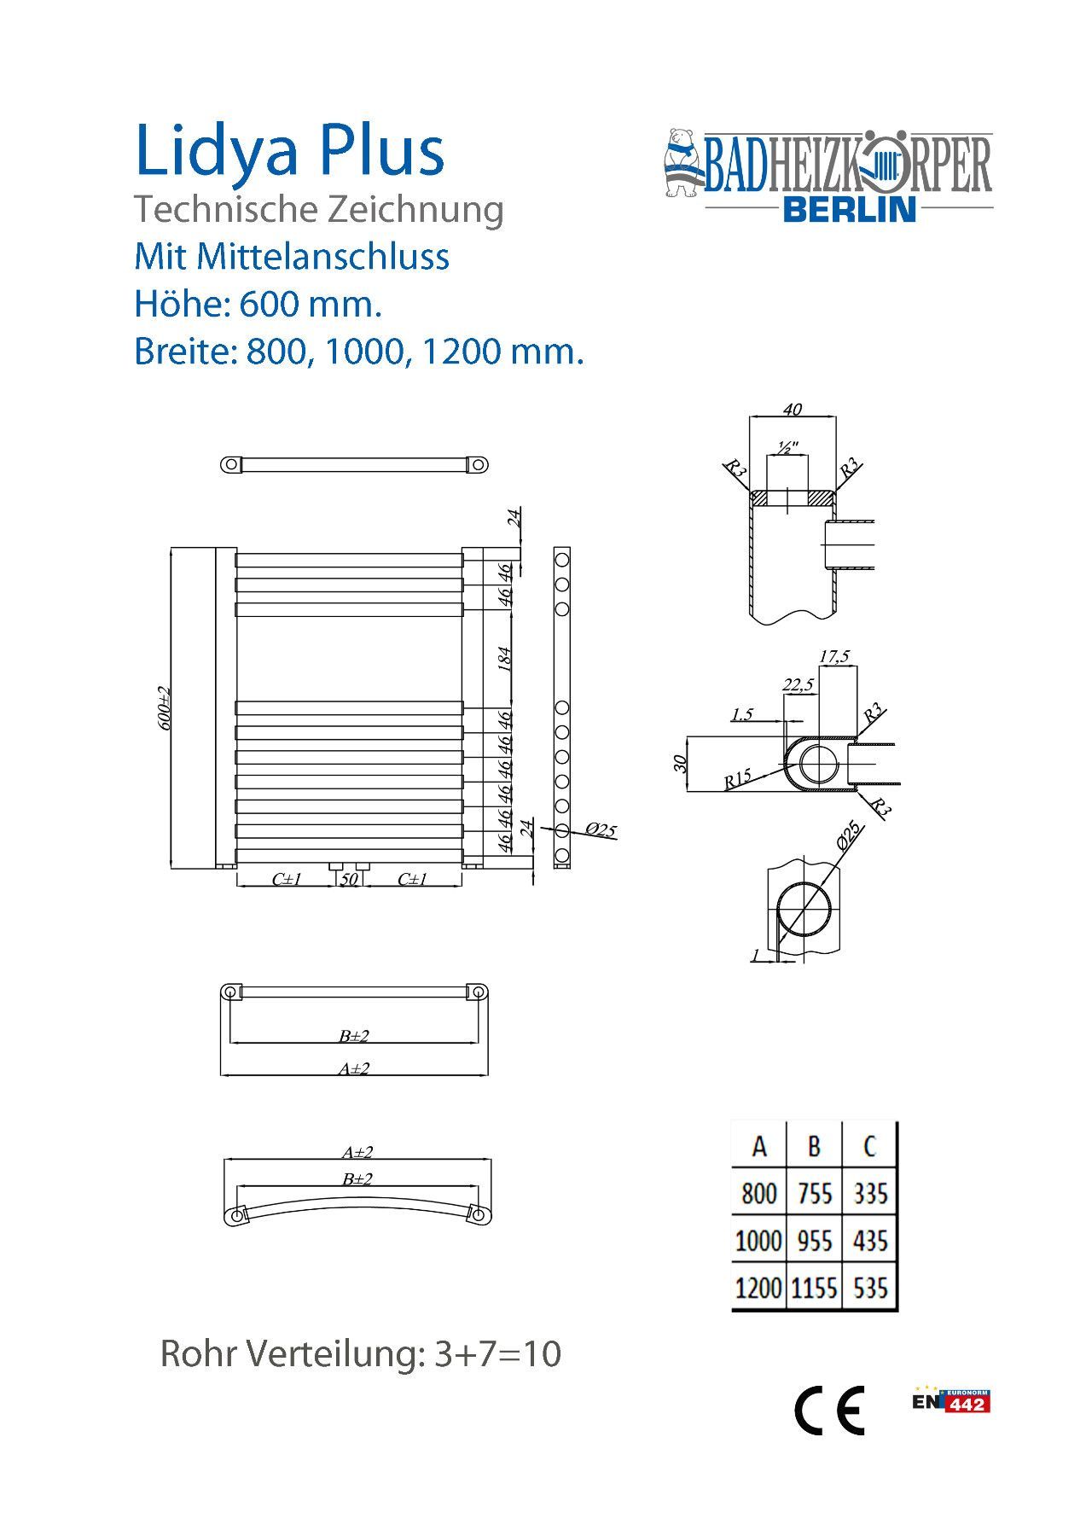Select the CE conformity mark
[829, 1410]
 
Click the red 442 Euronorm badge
[966, 1404]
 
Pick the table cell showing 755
[814, 1193]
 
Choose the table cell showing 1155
[814, 1287]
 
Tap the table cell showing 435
[870, 1240]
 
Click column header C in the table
[869, 1145]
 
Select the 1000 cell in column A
[758, 1240]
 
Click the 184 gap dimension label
[504, 658]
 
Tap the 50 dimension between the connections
[349, 879]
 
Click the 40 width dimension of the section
[792, 410]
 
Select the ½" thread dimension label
[787, 446]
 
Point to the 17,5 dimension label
[833, 656]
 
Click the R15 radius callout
[737, 778]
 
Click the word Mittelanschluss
[323, 256]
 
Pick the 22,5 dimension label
[798, 684]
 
